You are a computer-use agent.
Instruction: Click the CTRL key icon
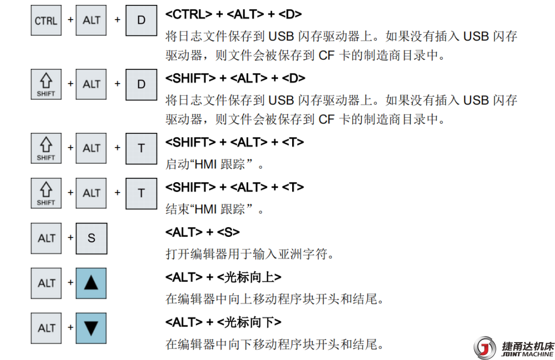point(46,21)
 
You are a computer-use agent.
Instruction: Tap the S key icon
point(91,238)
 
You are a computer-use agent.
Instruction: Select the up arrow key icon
point(91,283)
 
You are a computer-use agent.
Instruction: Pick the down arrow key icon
point(91,328)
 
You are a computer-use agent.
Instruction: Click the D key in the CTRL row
point(141,21)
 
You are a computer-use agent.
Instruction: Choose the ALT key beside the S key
point(47,238)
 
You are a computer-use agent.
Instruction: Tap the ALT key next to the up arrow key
point(47,283)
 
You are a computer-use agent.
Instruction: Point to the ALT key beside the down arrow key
point(47,328)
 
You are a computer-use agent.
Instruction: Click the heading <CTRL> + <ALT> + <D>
point(234,15)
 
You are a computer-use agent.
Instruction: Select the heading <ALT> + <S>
point(203,232)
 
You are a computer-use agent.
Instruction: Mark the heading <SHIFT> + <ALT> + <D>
point(235,78)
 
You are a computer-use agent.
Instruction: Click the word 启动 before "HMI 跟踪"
point(176,163)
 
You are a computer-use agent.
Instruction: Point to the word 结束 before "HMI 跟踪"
point(176,209)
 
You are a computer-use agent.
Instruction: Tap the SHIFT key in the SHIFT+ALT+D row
point(46,85)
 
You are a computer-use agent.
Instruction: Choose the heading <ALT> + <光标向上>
point(223,277)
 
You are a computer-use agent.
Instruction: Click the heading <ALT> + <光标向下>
point(223,322)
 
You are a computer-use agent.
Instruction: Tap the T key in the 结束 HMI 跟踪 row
point(141,193)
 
